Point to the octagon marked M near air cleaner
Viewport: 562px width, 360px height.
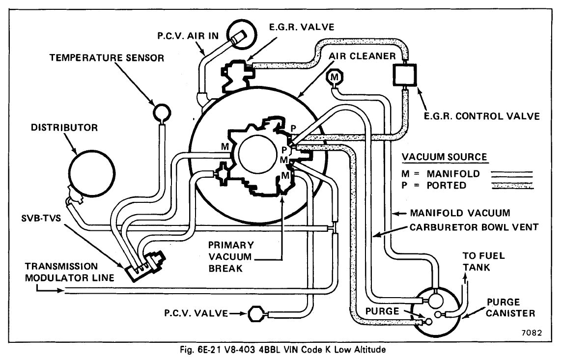tap(335, 78)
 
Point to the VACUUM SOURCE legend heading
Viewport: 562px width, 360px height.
tap(444, 157)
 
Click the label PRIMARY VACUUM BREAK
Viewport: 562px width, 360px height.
tap(231, 257)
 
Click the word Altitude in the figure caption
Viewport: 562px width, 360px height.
tap(371, 350)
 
